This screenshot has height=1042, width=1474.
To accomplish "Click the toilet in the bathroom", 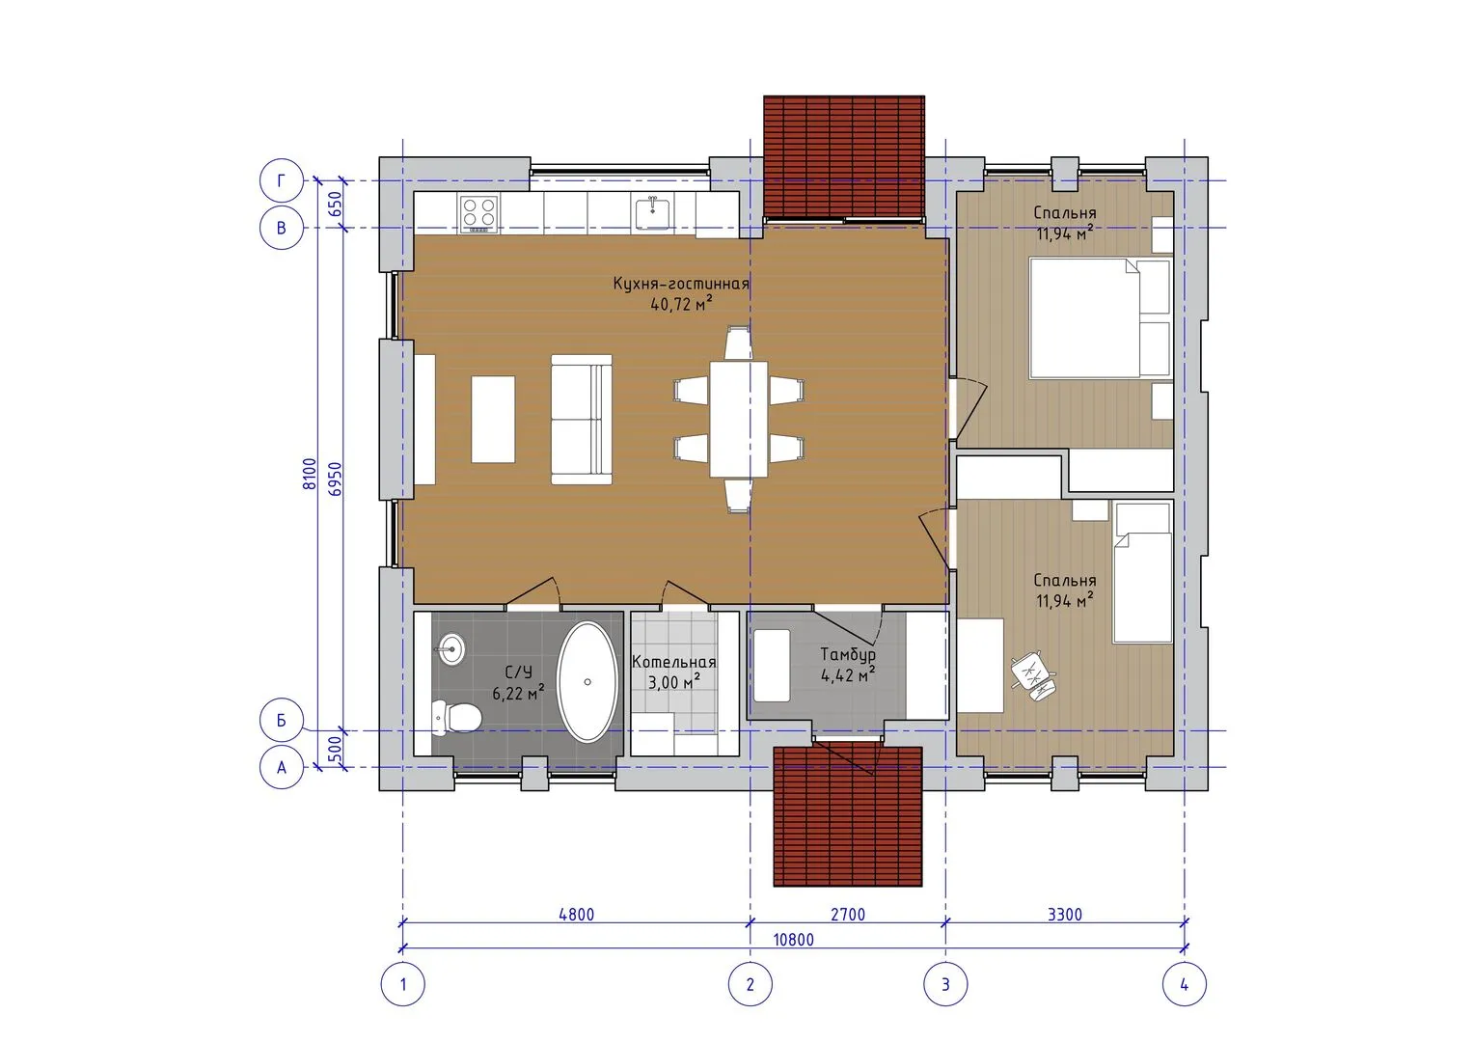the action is (x=455, y=717).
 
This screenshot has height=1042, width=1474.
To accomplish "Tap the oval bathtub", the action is (x=587, y=682).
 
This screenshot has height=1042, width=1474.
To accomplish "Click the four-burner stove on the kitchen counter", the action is (x=478, y=214).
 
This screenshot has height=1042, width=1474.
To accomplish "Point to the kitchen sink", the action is (x=652, y=213).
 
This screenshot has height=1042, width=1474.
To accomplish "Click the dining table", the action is (x=738, y=419).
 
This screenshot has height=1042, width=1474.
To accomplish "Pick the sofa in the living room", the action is (x=581, y=420).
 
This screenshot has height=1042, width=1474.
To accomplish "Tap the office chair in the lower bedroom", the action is (x=1033, y=676).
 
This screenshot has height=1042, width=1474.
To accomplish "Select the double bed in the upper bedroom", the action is (x=1100, y=318).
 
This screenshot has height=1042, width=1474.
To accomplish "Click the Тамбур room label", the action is (x=848, y=655).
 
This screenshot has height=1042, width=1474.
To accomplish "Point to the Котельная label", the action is (x=674, y=662).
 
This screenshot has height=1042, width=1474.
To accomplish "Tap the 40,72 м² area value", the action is (x=681, y=304).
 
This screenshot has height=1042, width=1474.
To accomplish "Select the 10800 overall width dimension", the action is (x=793, y=940).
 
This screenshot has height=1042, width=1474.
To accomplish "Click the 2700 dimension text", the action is (x=848, y=915).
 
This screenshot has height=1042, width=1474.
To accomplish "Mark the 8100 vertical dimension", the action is (x=310, y=474).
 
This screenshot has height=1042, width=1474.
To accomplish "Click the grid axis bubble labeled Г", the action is (x=282, y=180).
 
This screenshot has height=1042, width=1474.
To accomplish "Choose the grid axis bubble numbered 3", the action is (x=945, y=985).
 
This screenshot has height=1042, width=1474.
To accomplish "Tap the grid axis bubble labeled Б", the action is (x=282, y=720).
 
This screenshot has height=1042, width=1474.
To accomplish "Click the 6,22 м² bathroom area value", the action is (x=519, y=693).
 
